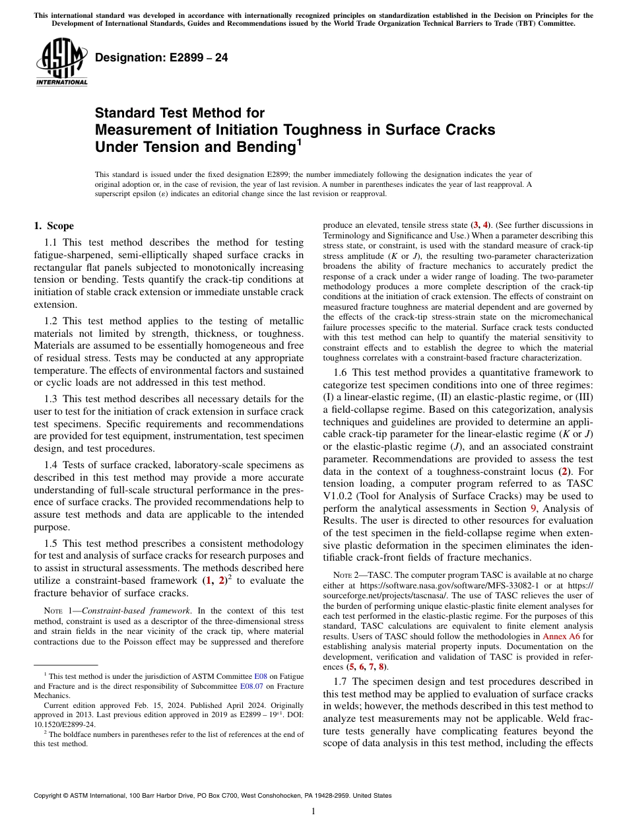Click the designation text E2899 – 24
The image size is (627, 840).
point(162,57)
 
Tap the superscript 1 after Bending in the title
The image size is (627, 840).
point(299,141)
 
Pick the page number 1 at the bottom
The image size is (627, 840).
point(313,811)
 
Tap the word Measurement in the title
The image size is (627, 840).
point(136,130)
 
